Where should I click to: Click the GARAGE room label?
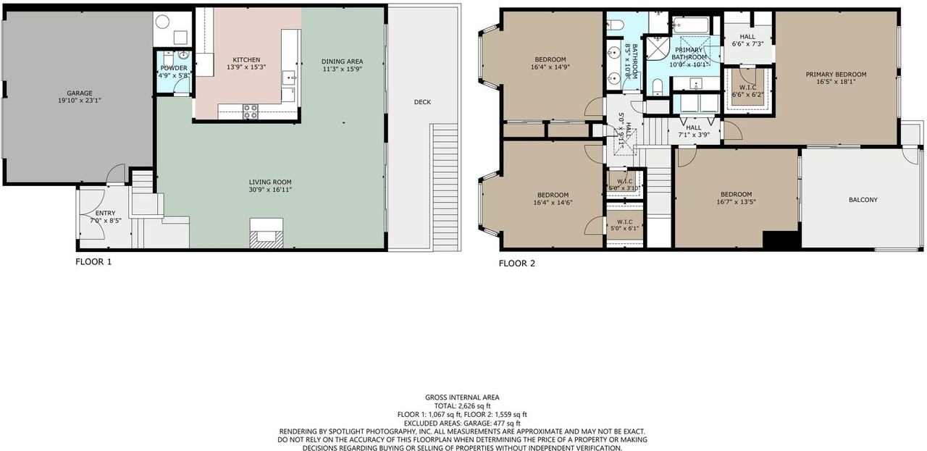click(80, 93)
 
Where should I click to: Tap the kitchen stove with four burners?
click(250, 111)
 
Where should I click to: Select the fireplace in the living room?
click(266, 233)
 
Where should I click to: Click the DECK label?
click(422, 102)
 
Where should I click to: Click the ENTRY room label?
click(105, 213)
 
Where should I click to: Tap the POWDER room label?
click(174, 68)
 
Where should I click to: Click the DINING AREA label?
click(343, 61)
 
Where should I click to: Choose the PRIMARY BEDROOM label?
click(836, 75)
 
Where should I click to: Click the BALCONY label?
click(863, 200)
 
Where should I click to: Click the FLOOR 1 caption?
click(93, 261)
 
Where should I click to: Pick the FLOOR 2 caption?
click(517, 264)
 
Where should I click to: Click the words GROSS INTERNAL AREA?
click(462, 397)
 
